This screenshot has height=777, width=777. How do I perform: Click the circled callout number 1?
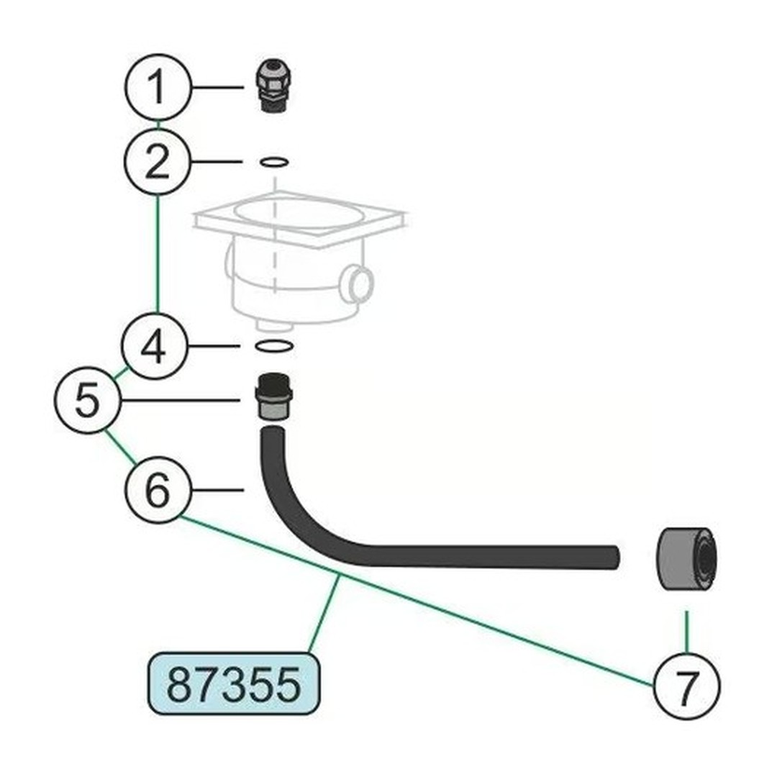tap(158, 87)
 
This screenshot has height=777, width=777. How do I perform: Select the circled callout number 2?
tap(157, 162)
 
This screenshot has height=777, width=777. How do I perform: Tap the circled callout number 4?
tap(155, 346)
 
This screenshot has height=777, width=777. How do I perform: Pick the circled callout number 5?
tap(88, 401)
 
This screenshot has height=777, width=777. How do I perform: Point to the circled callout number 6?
tap(158, 490)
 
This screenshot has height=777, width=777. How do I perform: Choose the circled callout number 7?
tap(686, 686)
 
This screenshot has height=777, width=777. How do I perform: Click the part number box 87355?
tap(234, 684)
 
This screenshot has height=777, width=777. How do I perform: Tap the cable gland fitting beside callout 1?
tap(273, 86)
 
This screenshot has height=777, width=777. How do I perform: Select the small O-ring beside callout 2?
tap(274, 162)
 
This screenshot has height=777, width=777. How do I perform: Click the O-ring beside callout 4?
tap(274, 346)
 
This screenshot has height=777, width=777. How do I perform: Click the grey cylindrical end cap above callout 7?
tap(686, 559)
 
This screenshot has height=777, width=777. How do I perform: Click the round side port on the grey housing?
tap(358, 283)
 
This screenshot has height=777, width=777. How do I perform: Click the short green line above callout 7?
tap(687, 632)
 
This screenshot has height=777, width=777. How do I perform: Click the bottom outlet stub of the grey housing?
tap(275, 326)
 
